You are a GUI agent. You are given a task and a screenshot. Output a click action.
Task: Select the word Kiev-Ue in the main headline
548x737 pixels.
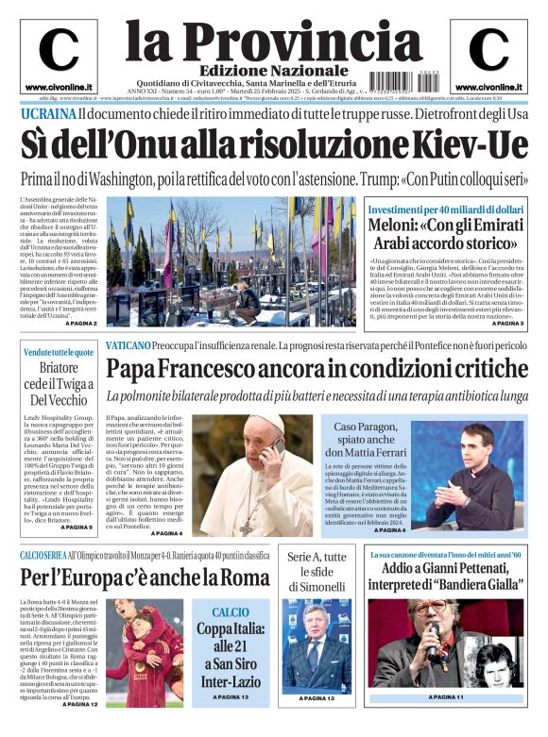[x=469, y=145]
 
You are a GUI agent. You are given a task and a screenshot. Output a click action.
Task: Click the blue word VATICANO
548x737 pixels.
[x=137, y=346]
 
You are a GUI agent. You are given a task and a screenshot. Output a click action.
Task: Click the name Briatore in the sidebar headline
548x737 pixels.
[x=59, y=367]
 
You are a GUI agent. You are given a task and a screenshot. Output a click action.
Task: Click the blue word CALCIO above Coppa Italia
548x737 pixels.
[x=231, y=612]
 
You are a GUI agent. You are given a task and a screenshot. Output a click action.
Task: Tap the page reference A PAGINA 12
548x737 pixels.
[x=77, y=704]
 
